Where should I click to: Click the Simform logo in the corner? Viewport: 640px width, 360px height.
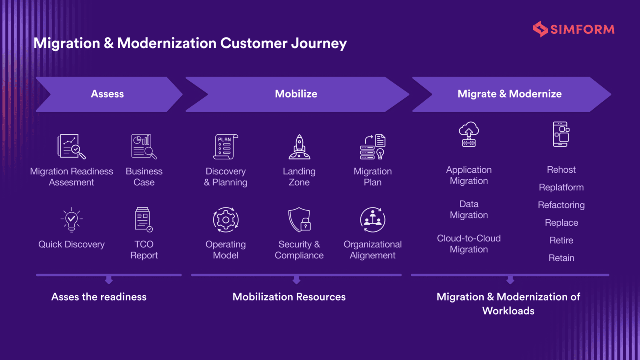pos(573,29)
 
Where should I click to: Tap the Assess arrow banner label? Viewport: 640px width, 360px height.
pos(107,94)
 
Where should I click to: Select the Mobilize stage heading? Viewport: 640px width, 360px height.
pos(296,94)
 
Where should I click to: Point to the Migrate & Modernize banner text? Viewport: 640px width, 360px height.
pos(509,94)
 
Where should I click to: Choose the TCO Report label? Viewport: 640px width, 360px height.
pos(144,250)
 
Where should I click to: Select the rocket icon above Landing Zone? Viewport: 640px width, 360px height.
pos(299,147)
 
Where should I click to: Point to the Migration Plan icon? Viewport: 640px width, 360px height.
pos(373,147)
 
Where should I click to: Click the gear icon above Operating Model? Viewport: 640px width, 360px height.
pos(226,220)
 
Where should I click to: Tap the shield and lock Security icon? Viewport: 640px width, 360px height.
pos(299,220)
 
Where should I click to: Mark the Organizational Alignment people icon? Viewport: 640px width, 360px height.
pos(373,220)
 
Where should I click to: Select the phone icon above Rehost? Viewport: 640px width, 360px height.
pos(561,134)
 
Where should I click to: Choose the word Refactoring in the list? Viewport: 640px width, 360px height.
pos(561,205)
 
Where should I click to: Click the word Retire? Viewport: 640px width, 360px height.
pos(561,240)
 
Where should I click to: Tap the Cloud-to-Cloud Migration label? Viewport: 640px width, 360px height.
pos(469,244)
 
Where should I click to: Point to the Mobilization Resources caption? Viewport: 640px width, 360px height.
pos(289,297)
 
